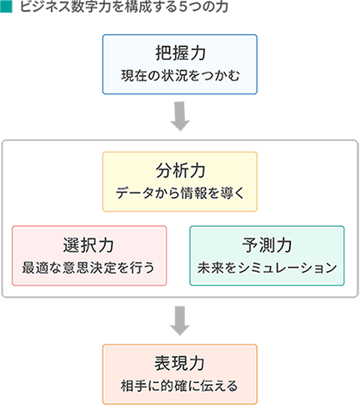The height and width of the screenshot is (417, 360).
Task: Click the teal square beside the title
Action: click(6, 7)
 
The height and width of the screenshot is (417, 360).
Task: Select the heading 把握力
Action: click(180, 53)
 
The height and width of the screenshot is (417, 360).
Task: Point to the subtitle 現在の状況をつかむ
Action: click(180, 76)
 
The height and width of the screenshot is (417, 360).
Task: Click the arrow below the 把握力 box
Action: click(180, 116)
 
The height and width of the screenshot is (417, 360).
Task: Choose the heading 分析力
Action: click(180, 170)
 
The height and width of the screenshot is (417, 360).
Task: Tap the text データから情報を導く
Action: click(180, 193)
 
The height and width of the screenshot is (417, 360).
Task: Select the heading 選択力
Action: click(89, 245)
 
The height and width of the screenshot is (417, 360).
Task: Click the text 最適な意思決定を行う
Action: click(88, 268)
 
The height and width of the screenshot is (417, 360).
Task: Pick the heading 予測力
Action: click(267, 245)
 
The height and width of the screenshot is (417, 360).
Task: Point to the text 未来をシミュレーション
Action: click(267, 268)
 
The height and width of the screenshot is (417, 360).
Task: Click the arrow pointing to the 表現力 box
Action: click(180, 321)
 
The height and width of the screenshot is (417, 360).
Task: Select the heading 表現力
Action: click(180, 364)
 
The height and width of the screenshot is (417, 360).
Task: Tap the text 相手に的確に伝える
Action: click(179, 386)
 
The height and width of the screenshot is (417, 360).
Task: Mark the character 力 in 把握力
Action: click(197, 53)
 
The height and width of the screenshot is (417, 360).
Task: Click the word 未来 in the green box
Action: click(210, 268)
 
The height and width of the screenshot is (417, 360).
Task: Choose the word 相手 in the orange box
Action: click(133, 386)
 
